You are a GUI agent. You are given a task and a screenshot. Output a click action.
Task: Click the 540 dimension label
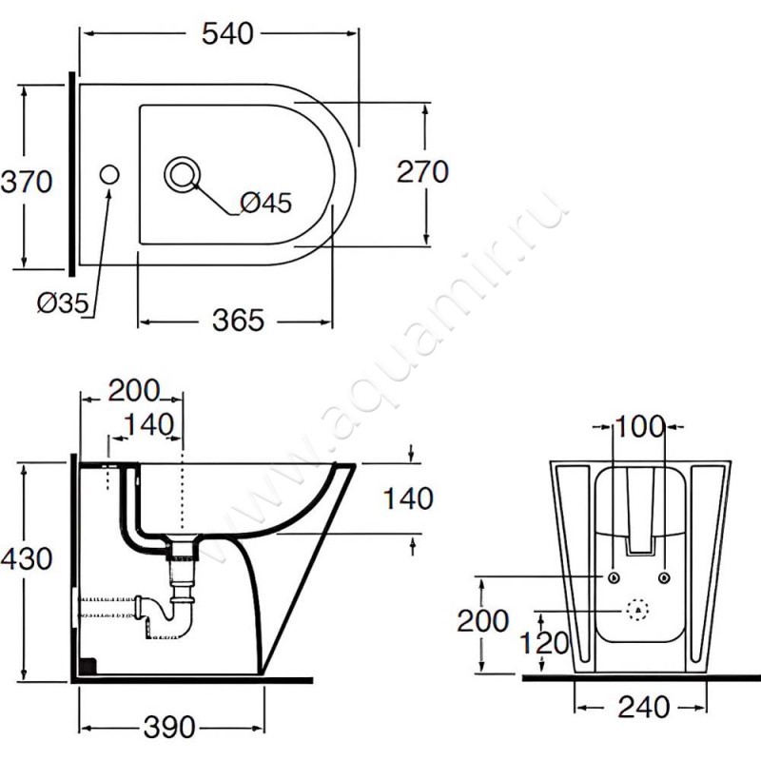click(x=227, y=33)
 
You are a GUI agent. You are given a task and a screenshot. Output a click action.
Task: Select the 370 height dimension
click(x=27, y=182)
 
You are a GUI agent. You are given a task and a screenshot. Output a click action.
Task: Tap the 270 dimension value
click(x=422, y=172)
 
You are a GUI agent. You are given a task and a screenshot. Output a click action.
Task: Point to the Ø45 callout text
click(x=266, y=203)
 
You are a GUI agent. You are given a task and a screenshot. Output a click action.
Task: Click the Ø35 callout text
click(x=63, y=303)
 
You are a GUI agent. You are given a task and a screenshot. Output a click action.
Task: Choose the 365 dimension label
click(x=239, y=321)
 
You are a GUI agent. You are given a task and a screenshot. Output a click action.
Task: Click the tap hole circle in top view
click(x=109, y=175)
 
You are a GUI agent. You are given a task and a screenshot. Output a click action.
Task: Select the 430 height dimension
click(x=27, y=558)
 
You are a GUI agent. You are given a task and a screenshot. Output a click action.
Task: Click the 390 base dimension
click(x=169, y=727)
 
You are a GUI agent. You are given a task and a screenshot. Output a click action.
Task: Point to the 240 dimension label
click(x=644, y=707)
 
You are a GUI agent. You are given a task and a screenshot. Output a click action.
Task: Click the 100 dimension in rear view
click(x=639, y=426)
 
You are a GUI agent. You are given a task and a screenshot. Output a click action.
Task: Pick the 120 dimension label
click(x=544, y=643)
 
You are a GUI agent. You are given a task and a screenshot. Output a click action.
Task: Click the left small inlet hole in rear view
click(x=614, y=577)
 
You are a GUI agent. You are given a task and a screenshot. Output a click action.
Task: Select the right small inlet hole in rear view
click(x=664, y=577)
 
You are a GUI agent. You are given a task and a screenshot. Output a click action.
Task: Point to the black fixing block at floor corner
click(x=88, y=666)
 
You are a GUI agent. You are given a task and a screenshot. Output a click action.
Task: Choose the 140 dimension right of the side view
click(x=408, y=498)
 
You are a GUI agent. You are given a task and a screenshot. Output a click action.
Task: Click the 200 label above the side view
click(x=133, y=390)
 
